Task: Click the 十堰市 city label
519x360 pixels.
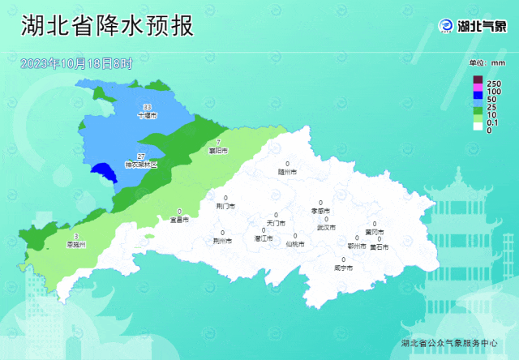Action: click(147, 116)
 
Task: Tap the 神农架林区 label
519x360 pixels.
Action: click(141, 165)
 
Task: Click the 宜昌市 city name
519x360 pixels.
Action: click(180, 219)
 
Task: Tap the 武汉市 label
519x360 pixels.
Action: click(325, 228)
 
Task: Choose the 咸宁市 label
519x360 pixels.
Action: click(343, 268)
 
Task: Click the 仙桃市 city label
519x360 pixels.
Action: click(295, 244)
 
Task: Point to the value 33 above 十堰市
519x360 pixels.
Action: click(147, 107)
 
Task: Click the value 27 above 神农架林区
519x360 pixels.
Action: click(141, 156)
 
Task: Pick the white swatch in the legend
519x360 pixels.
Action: click(478, 130)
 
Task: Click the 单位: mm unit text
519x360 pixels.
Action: click(487, 62)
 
